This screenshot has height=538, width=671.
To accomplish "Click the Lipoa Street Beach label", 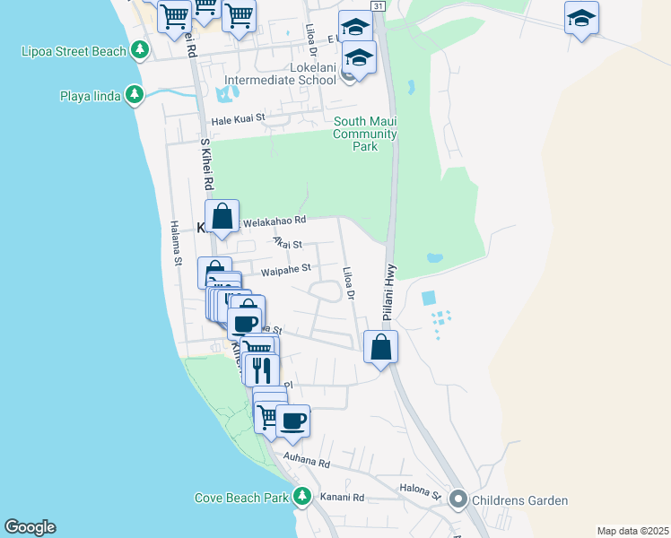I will pyautogui.click(x=74, y=51).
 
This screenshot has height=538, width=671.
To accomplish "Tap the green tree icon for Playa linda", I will pyautogui.click(x=135, y=95).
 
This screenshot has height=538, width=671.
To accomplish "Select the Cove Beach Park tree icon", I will pyautogui.click(x=302, y=497).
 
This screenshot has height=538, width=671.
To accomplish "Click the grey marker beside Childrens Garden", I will pyautogui.click(x=459, y=499).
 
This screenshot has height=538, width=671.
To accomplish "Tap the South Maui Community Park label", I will pyautogui.click(x=364, y=134).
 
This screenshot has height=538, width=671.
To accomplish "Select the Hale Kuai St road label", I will pyautogui.click(x=239, y=118).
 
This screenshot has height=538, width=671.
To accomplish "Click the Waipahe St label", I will pyautogui.click(x=285, y=268).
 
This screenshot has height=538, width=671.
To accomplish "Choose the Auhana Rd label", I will pyautogui.click(x=307, y=462).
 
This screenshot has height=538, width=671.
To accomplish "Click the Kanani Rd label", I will pyautogui.click(x=345, y=498).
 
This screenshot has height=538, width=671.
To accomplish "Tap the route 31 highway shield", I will pyautogui.click(x=379, y=6).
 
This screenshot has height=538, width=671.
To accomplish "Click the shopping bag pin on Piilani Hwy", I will pyautogui.click(x=381, y=346).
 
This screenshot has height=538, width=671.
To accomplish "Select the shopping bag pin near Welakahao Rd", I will pyautogui.click(x=222, y=216).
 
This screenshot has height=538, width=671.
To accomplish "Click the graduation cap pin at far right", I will pyautogui.click(x=581, y=18).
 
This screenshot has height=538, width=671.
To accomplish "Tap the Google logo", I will pyautogui.click(x=30, y=527).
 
